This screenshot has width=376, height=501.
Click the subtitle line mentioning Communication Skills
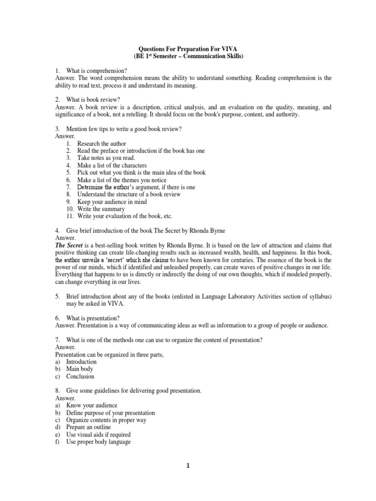coord(188,57)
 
